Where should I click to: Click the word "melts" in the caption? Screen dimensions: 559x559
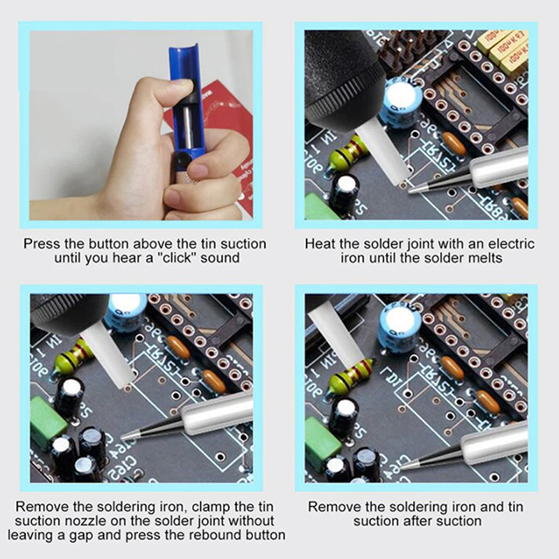pos(484,258)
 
